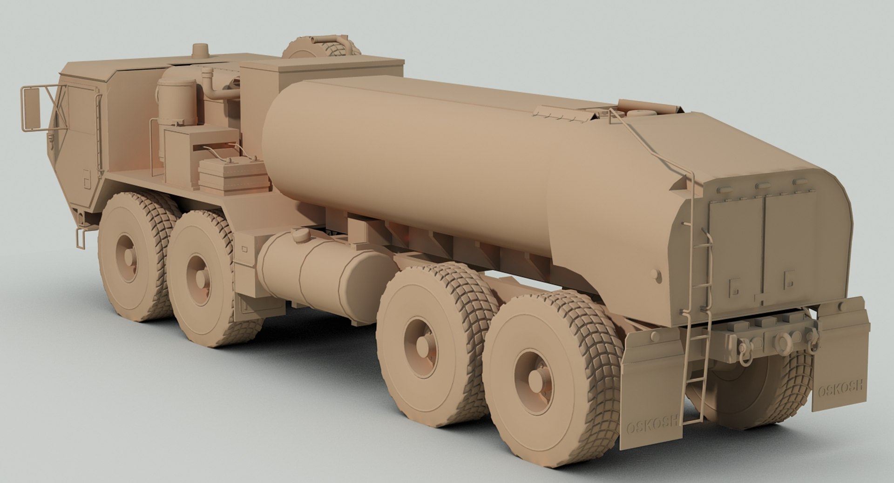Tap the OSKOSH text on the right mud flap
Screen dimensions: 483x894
tap(840, 386)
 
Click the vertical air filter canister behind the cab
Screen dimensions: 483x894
tap(176, 100)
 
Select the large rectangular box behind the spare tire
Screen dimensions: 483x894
tap(321, 74)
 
